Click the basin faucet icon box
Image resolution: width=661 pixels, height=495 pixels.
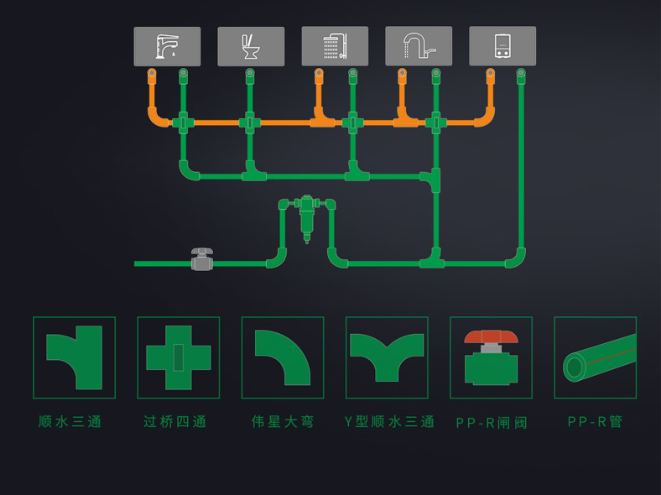(x=167, y=46)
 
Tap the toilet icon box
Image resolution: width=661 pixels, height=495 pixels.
(x=251, y=46)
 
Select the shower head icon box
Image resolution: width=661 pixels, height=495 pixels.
(x=335, y=46)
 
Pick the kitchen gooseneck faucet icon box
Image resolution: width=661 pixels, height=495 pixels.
(x=419, y=46)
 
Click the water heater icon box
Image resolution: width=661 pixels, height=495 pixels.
(x=502, y=46)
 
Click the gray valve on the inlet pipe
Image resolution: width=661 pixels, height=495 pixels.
(x=201, y=259)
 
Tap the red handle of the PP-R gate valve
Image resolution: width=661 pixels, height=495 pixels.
(x=491, y=336)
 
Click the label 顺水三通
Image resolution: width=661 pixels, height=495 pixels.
(x=70, y=421)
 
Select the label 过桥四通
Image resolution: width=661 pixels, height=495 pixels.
(x=175, y=421)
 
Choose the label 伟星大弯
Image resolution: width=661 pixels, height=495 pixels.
(x=283, y=421)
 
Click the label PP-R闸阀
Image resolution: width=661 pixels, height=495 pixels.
(x=492, y=422)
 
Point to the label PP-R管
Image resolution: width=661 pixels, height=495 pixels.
(x=596, y=421)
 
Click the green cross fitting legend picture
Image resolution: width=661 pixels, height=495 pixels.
(x=179, y=357)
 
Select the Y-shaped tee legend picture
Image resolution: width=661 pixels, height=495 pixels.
(x=387, y=357)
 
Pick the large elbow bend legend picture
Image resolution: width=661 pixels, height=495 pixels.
(x=283, y=357)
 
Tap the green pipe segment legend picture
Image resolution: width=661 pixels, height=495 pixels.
(x=596, y=357)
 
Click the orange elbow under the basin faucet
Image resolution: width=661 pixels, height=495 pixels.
(x=157, y=117)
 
